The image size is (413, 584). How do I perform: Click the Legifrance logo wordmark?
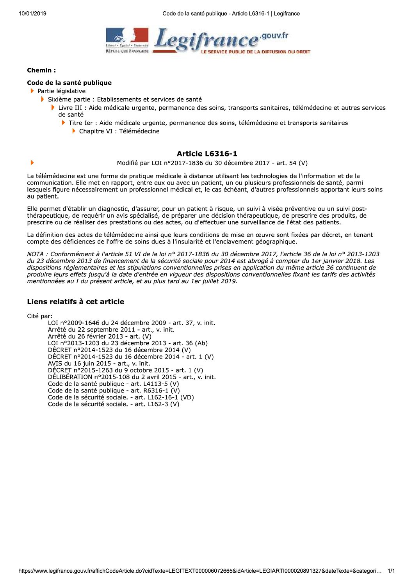point(207,41)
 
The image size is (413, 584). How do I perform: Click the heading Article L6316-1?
point(207,154)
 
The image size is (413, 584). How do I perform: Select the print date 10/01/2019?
point(32,14)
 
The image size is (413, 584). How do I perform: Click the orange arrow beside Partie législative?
point(32,91)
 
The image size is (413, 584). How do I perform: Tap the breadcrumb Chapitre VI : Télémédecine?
point(119,131)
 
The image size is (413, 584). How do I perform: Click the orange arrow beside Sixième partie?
point(43,99)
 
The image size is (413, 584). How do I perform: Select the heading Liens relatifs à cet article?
point(76,302)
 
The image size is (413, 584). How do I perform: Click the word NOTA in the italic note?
point(36,254)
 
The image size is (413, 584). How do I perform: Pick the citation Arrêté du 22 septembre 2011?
point(111,330)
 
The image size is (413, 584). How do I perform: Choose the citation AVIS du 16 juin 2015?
point(99,364)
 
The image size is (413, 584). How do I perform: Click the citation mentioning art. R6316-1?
point(114,391)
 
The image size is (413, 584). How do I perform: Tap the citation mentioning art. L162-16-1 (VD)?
point(121,397)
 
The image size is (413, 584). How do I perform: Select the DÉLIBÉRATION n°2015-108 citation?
point(132,377)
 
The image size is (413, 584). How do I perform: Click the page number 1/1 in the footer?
point(391,571)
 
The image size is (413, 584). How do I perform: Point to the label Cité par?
point(40,316)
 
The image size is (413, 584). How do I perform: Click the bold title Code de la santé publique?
point(69,83)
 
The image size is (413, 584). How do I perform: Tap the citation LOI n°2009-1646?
point(132,323)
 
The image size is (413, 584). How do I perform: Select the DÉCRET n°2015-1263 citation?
point(125,370)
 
